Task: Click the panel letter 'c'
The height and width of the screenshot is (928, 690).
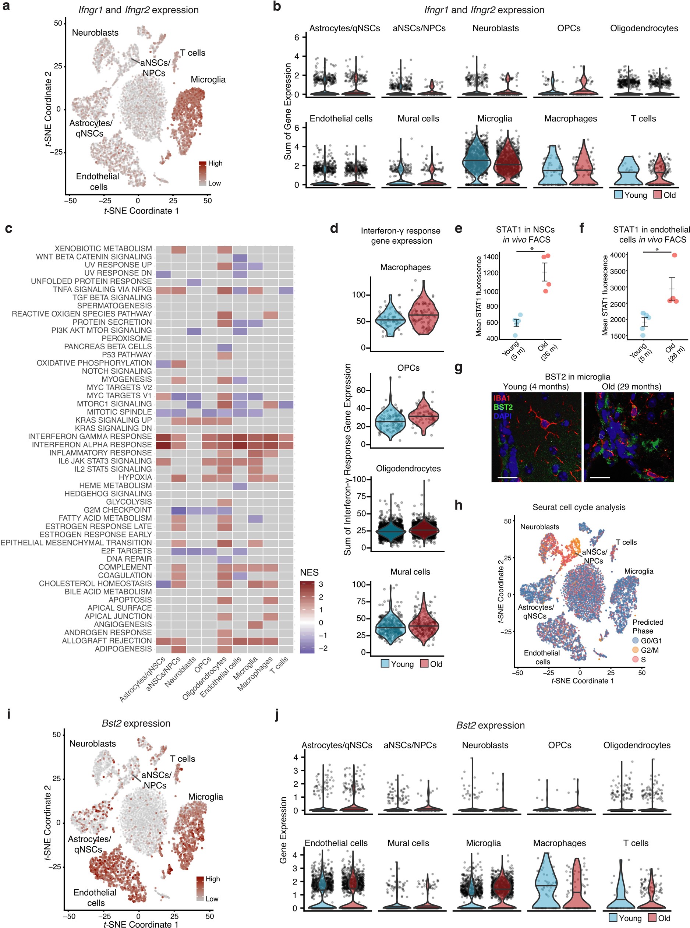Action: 8,229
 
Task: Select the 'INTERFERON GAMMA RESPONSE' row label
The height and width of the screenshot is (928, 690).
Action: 90,436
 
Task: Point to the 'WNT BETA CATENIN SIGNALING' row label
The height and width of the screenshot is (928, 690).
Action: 93,257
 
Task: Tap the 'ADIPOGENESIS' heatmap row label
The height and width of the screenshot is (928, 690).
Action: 123,649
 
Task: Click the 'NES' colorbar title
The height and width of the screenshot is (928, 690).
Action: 309,572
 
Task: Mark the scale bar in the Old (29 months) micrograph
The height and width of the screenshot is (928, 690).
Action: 600,477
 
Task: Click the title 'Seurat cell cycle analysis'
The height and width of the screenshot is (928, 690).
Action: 578,507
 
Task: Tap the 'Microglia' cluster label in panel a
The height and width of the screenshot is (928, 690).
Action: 208,80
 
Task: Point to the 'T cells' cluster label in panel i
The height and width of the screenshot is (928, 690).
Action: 183,758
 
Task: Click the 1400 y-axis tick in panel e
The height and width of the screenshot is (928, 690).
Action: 491,257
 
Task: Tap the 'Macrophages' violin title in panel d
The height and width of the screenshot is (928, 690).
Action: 405,267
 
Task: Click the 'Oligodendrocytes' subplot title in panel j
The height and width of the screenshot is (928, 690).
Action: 637,745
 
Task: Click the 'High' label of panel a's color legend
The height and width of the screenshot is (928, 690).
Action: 215,163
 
